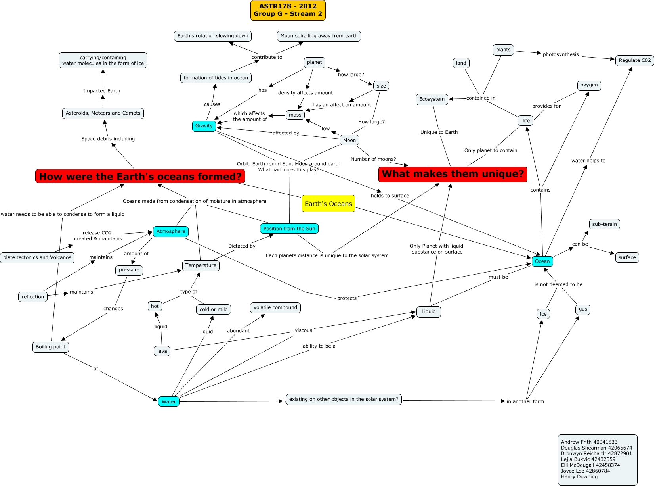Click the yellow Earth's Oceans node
328,204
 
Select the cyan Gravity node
204,126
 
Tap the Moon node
349,140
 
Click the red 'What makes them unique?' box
453,174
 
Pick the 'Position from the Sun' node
289,229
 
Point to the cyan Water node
168,401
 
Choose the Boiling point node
50,347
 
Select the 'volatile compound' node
275,307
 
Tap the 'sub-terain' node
604,224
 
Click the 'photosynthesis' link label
560,54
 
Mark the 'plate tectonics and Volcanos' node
37,257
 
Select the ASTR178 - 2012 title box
288,10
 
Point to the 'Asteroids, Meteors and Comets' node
103,113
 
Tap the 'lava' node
162,351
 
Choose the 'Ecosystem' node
432,99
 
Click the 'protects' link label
347,298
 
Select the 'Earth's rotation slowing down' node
213,36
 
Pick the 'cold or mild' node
214,309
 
